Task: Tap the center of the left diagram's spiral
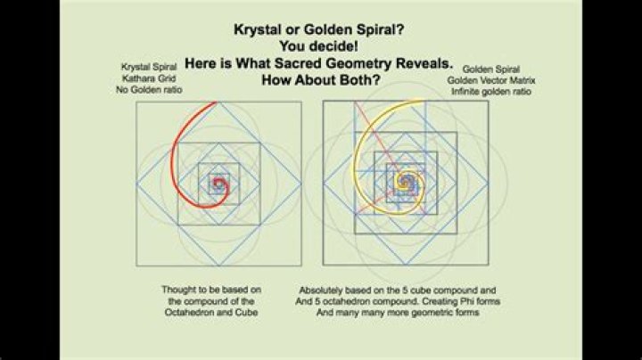pyautogui.click(x=218, y=184)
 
